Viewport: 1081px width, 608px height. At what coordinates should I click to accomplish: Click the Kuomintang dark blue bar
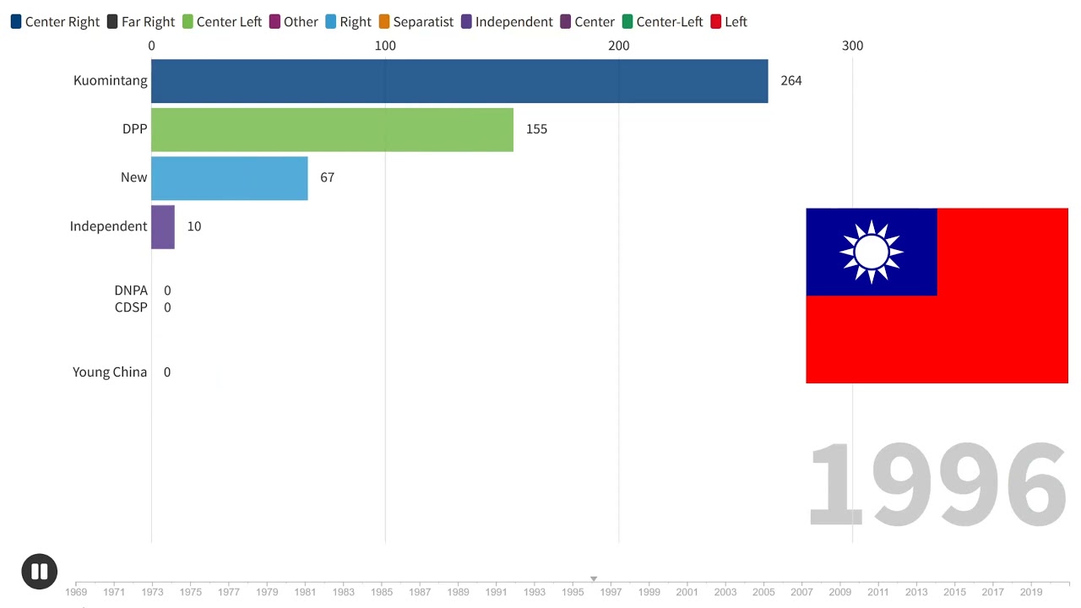(459, 81)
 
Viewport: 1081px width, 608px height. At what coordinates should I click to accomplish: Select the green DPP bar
(333, 129)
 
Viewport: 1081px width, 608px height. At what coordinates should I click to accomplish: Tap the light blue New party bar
(230, 178)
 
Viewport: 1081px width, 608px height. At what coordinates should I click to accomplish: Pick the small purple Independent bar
(163, 227)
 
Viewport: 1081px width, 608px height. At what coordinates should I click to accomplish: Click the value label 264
(791, 80)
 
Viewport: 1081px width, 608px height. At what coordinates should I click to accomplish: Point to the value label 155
(536, 129)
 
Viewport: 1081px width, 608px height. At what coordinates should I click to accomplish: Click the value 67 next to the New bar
(327, 177)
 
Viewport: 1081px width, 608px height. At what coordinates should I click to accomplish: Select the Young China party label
(110, 372)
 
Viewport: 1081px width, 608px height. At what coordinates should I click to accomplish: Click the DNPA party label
(131, 290)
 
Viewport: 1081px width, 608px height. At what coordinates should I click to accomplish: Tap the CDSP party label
(131, 307)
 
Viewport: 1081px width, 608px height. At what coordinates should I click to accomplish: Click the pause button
(40, 572)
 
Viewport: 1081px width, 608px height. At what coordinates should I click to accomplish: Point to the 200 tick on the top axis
(619, 46)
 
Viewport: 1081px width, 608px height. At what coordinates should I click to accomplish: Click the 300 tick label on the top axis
(852, 46)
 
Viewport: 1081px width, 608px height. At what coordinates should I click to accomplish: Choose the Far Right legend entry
(141, 22)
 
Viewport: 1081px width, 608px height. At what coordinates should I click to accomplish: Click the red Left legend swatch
(715, 22)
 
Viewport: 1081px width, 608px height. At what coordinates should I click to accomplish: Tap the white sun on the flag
(871, 252)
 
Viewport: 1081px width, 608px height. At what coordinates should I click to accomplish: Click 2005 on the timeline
(763, 592)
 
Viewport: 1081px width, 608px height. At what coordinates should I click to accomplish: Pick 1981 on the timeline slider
(305, 592)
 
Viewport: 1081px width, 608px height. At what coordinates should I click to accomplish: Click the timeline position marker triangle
(594, 578)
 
